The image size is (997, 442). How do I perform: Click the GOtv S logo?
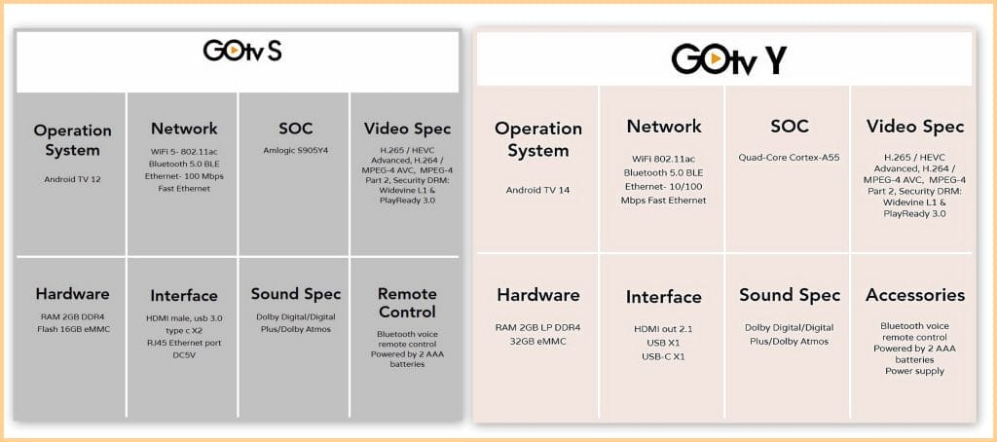click(x=242, y=51)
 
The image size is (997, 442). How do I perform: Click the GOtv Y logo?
click(x=728, y=59)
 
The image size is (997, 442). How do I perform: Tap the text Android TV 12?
click(x=72, y=179)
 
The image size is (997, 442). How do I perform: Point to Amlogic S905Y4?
click(x=296, y=151)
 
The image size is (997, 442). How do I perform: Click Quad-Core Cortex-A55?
click(x=789, y=157)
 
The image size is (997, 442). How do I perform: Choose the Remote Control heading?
click(x=407, y=303)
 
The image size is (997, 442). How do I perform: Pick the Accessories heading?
click(x=915, y=295)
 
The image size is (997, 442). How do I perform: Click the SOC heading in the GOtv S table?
click(x=296, y=129)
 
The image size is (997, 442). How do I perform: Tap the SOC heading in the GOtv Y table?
click(x=789, y=126)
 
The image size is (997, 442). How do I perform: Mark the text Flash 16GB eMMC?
click(x=72, y=329)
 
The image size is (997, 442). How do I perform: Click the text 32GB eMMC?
click(x=537, y=342)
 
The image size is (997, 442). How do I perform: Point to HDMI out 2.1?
click(x=663, y=329)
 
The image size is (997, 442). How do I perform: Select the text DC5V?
click(x=184, y=355)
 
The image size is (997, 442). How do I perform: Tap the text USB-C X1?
click(x=663, y=356)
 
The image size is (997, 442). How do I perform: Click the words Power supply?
click(x=914, y=371)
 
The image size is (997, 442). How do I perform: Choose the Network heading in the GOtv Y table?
click(x=664, y=126)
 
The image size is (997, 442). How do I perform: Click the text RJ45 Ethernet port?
click(x=184, y=343)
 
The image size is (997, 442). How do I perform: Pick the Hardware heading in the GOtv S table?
click(x=72, y=294)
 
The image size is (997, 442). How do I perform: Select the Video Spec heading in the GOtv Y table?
click(x=915, y=127)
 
